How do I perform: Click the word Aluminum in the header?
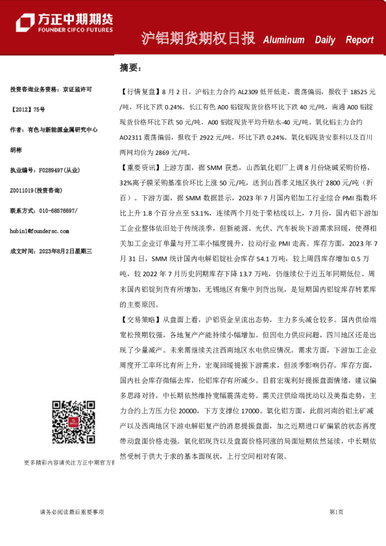point(283,40)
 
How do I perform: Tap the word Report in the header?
point(359,40)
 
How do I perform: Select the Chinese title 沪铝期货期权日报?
point(198,38)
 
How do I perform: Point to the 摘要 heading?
point(130,67)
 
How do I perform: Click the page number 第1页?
point(336,512)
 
